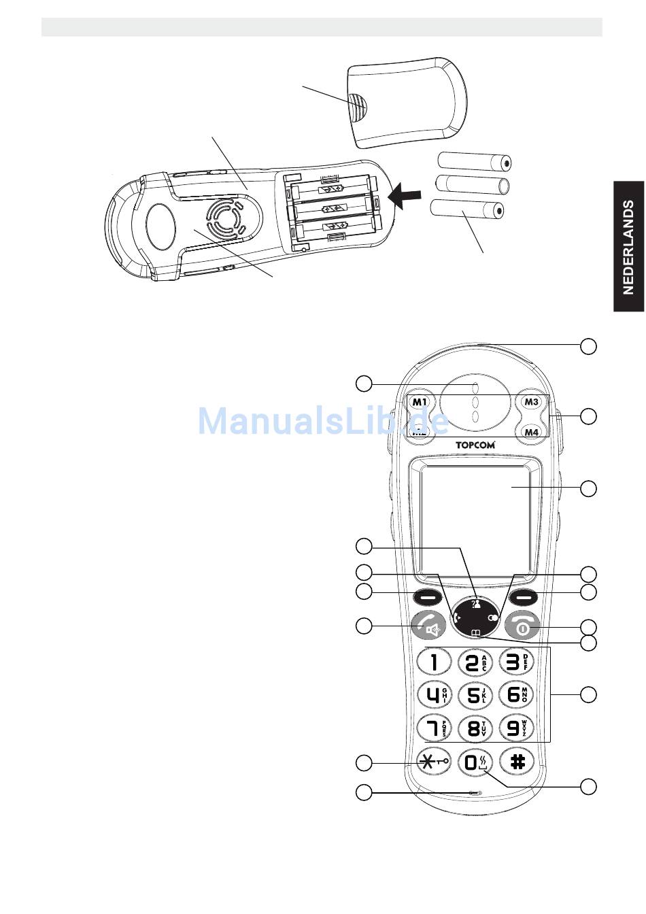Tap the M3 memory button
tap(531, 402)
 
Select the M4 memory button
tap(531, 432)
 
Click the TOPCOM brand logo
tap(475, 445)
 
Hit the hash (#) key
tap(517, 762)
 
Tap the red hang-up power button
tap(522, 626)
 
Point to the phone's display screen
tap(475, 515)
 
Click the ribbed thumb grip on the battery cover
tap(358, 105)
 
